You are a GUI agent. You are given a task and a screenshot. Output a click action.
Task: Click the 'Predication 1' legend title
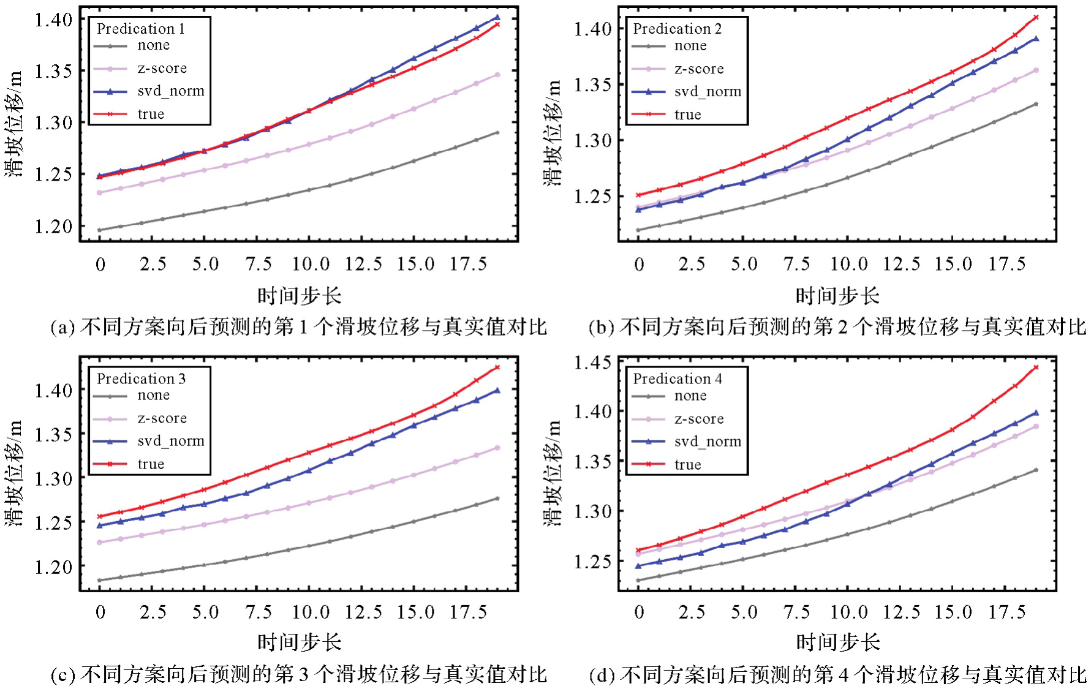140,29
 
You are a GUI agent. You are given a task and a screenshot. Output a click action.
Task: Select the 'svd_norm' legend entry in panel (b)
708,92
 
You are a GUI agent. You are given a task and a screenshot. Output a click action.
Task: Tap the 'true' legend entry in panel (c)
151,464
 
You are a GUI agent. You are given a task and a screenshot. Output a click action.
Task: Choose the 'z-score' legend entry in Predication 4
699,419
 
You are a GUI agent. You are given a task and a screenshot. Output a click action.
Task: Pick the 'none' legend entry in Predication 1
153,45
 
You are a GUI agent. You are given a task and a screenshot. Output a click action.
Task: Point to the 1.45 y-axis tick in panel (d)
594,363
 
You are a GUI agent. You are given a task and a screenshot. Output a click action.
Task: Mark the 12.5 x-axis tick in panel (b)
901,264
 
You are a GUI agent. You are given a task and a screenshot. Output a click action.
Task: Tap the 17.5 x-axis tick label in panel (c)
468,612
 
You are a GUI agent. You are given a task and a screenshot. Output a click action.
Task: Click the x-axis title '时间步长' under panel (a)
299,296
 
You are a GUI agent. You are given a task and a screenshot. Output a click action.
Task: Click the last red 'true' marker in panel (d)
1036,367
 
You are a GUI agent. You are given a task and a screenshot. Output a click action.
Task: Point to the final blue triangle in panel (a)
497,18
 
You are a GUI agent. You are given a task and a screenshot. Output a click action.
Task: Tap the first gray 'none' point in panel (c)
99,580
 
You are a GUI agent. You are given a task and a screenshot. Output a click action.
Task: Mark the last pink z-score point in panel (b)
1036,70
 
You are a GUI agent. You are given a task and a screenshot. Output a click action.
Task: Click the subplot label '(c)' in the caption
62,675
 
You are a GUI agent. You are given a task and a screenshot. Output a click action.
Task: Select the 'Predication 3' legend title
141,378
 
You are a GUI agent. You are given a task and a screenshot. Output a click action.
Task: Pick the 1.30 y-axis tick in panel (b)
594,140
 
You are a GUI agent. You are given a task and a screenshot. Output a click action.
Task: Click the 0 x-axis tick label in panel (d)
638,612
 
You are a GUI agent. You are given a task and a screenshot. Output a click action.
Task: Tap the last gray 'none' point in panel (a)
497,132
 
